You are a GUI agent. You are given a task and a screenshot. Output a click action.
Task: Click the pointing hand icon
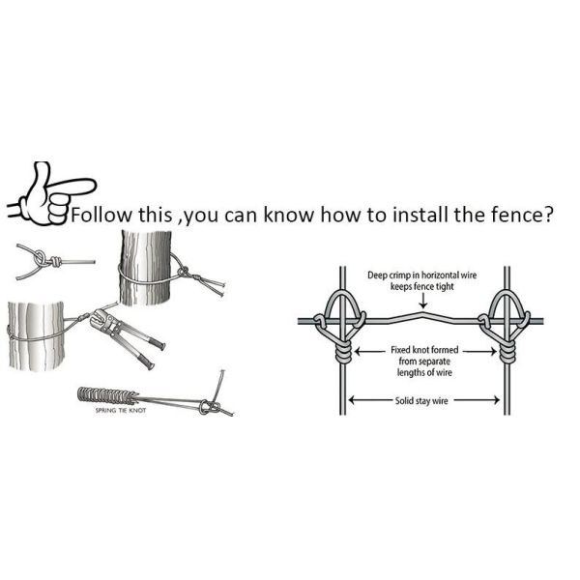pos(52,193)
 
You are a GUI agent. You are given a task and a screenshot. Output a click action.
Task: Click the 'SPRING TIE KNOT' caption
pos(121,410)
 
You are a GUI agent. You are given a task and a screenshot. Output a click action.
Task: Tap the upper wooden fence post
pos(146,268)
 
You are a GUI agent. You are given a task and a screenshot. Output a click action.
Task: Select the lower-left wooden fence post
pos(37,335)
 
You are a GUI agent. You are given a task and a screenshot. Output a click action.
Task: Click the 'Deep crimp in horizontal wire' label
pos(422,275)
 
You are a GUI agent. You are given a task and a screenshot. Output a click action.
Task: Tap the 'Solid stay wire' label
pos(421,400)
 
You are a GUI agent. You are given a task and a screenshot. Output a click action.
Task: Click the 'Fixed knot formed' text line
pos(424,350)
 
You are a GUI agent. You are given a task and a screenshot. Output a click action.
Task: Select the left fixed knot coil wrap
pos(343,352)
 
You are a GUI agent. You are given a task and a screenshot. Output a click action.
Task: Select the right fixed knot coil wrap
pos(507,352)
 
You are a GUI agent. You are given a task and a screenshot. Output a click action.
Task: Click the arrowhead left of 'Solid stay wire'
pos(353,400)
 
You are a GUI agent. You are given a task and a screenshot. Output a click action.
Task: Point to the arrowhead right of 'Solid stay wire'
pos(496,400)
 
